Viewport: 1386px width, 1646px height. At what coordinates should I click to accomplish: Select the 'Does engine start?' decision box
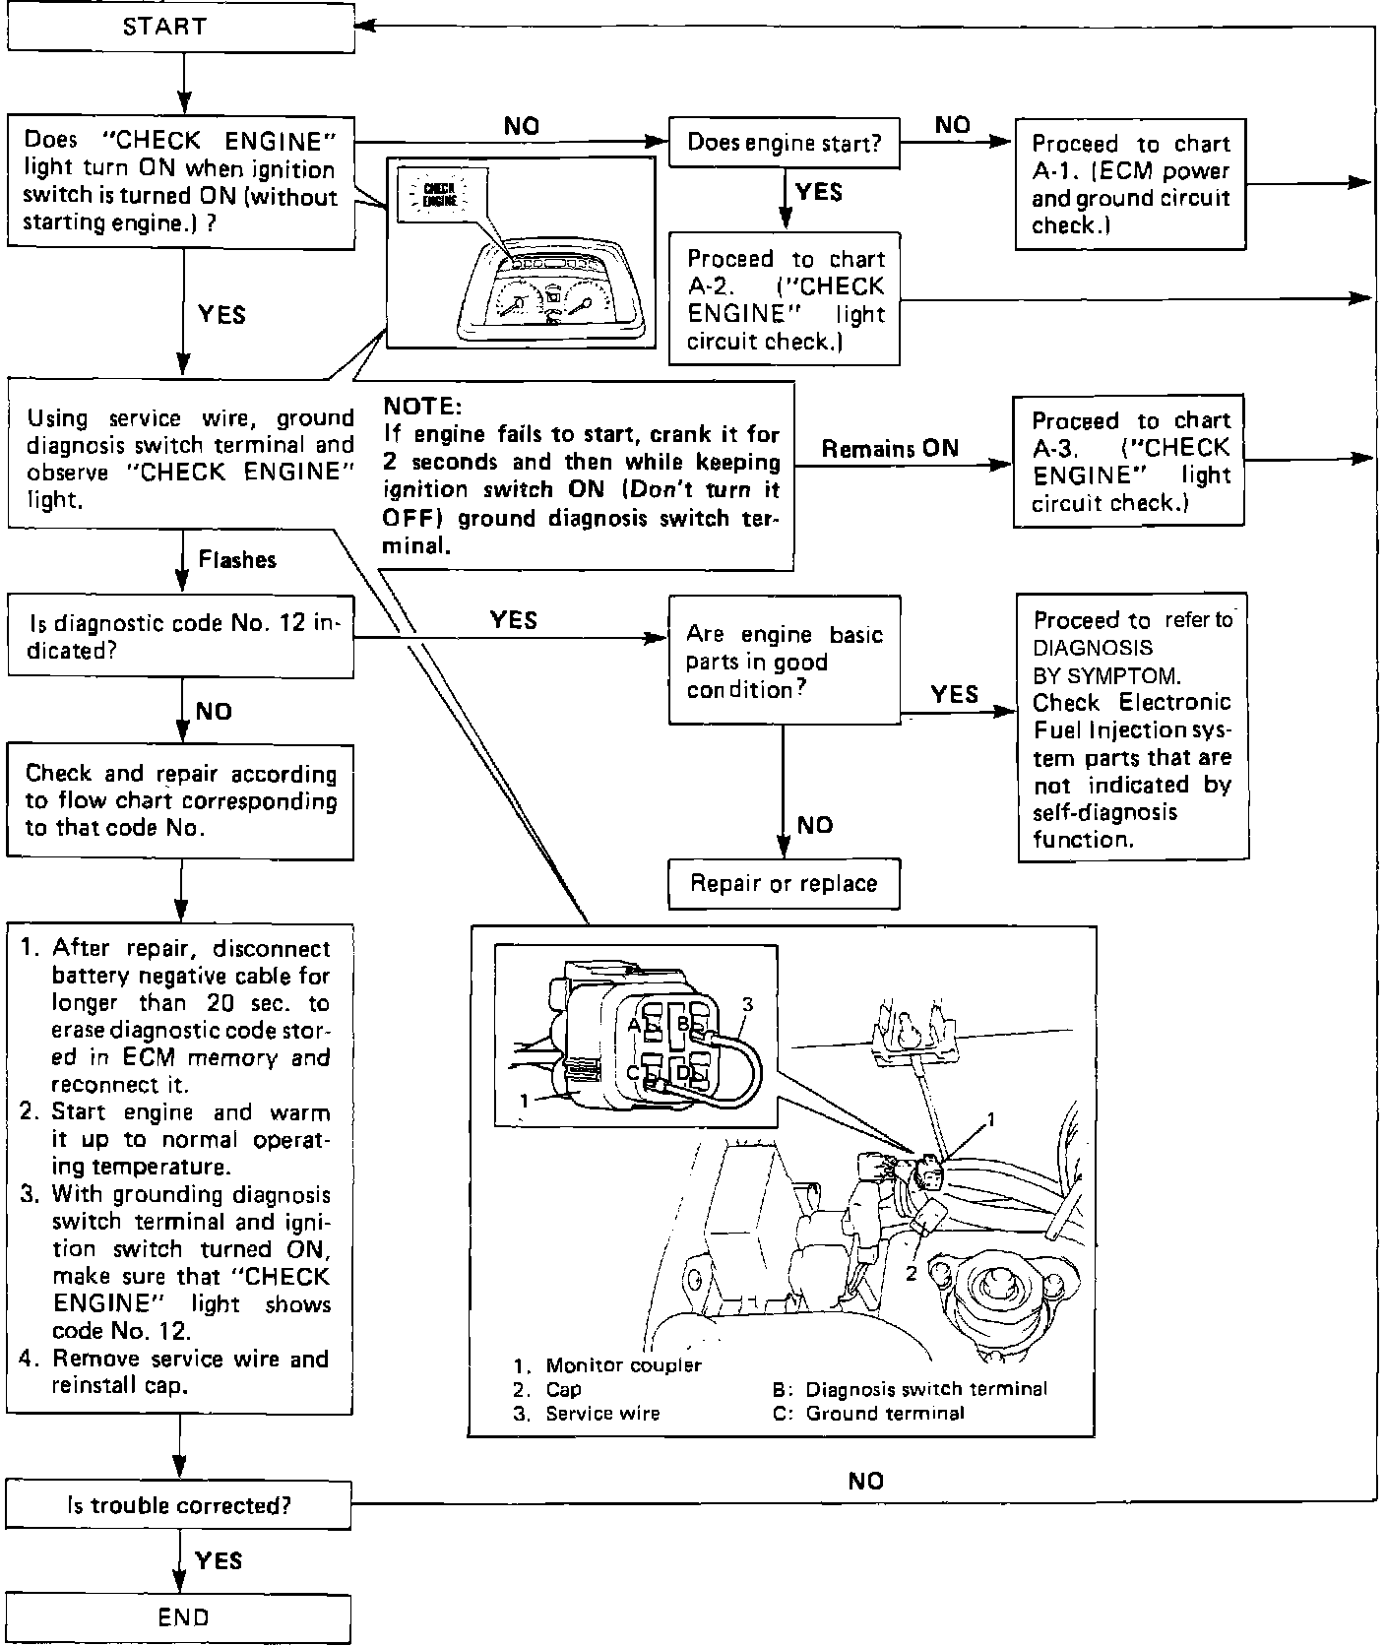tap(784, 144)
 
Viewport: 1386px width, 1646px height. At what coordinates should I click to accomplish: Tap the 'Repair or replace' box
tap(784, 883)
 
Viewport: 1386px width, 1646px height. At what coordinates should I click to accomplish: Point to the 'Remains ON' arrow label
tap(890, 449)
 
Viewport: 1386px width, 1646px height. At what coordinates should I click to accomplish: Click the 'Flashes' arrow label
tap(237, 560)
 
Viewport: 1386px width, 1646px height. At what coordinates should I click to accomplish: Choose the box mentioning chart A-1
tap(1129, 184)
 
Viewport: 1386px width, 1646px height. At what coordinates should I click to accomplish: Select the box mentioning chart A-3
tap(1129, 461)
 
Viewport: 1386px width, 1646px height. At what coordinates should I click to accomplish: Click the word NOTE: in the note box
tap(421, 407)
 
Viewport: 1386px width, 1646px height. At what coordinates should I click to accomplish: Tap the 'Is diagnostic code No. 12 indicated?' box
tap(180, 637)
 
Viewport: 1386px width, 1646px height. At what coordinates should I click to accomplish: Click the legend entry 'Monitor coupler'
tap(623, 1365)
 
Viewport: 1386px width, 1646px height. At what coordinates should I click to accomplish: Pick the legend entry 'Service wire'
tap(602, 1414)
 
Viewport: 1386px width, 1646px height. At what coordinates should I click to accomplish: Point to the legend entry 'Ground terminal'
tap(884, 1414)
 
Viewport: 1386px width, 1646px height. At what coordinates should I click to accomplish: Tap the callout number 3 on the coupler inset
tap(748, 1004)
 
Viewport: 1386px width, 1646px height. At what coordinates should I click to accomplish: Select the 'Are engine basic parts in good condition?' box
tap(784, 662)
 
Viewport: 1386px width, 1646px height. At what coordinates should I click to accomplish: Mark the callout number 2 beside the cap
tap(911, 1274)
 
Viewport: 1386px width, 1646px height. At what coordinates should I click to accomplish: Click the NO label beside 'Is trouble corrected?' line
tap(865, 1481)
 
